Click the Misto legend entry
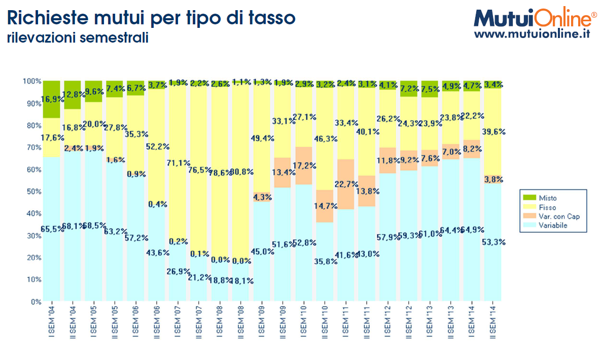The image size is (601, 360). (x=547, y=198)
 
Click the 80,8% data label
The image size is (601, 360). (x=242, y=172)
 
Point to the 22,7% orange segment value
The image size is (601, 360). (x=346, y=184)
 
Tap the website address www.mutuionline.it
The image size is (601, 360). (x=533, y=34)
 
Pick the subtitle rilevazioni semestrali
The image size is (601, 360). (x=78, y=38)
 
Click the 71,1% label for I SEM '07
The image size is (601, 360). (x=178, y=163)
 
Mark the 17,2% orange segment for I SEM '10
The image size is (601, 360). (x=304, y=165)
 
